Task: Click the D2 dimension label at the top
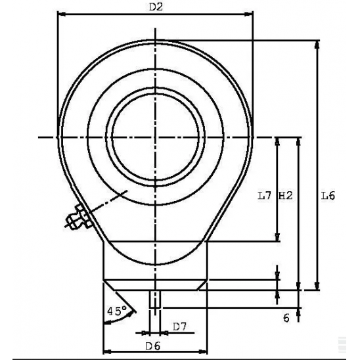[155, 7]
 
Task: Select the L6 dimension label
[328, 195]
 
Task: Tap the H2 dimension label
[285, 195]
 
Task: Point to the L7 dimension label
[264, 195]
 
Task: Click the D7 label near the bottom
[181, 326]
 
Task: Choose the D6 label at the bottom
[153, 346]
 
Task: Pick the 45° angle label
[116, 313]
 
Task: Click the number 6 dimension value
[286, 318]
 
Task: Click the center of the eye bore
[155, 137]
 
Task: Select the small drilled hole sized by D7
[155, 302]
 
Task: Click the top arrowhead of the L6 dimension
[318, 45]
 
